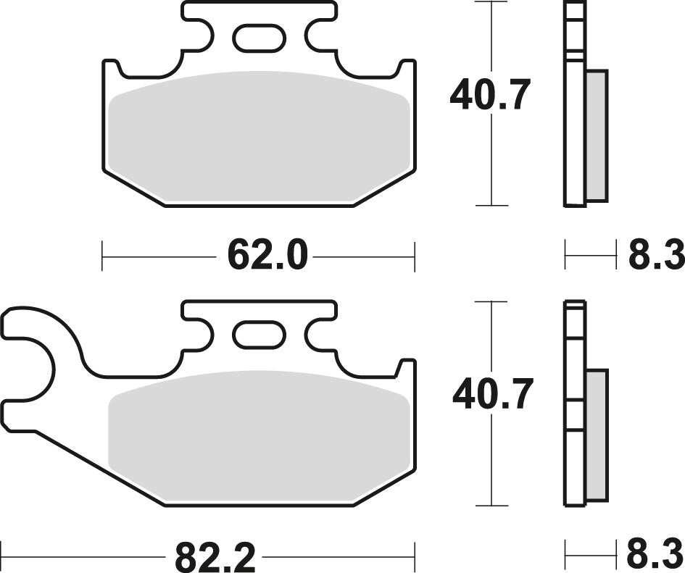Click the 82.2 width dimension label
[x=215, y=557]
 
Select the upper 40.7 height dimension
[x=491, y=95]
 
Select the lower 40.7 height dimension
[x=493, y=395]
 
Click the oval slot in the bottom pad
[x=259, y=335]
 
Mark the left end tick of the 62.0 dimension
[x=102, y=256]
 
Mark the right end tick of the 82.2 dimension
[x=414, y=557]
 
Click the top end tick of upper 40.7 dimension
[x=492, y=2]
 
